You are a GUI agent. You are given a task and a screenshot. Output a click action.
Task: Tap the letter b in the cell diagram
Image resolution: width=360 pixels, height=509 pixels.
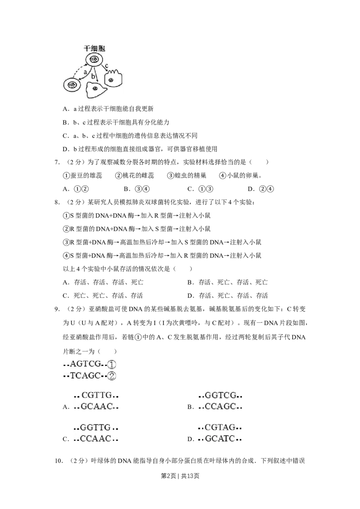point(93,76)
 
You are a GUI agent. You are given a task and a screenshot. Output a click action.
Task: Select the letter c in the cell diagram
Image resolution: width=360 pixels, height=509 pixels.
point(106,67)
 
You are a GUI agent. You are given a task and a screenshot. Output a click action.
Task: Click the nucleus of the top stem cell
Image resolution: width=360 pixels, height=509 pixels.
point(94,59)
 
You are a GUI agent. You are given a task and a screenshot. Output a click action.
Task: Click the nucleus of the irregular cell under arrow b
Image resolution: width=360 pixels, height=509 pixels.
point(95,89)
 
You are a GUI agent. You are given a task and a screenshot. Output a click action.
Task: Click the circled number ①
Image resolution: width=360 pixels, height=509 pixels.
point(112,364)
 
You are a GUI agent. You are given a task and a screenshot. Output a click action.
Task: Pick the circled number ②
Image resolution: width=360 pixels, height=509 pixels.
point(112,375)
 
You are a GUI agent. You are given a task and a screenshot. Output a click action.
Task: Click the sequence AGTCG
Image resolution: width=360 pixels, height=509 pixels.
point(85,364)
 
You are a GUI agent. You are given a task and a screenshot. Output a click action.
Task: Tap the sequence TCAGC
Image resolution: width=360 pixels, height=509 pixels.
point(85,375)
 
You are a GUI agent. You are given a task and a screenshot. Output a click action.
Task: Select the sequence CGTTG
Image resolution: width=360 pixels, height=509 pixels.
point(96,395)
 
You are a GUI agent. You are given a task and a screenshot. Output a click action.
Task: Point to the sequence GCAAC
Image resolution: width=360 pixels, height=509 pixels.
point(96,406)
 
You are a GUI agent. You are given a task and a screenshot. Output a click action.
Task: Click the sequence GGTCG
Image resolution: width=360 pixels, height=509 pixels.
point(220,395)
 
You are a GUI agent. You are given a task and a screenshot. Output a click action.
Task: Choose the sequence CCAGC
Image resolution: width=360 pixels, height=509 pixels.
point(220,406)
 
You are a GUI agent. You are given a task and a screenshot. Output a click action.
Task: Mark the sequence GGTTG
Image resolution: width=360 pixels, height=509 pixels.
point(95,427)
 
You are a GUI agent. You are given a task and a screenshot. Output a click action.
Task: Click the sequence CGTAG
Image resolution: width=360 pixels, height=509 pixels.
point(220,427)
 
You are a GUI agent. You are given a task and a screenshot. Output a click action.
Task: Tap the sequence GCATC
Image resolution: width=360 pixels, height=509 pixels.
point(220,438)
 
